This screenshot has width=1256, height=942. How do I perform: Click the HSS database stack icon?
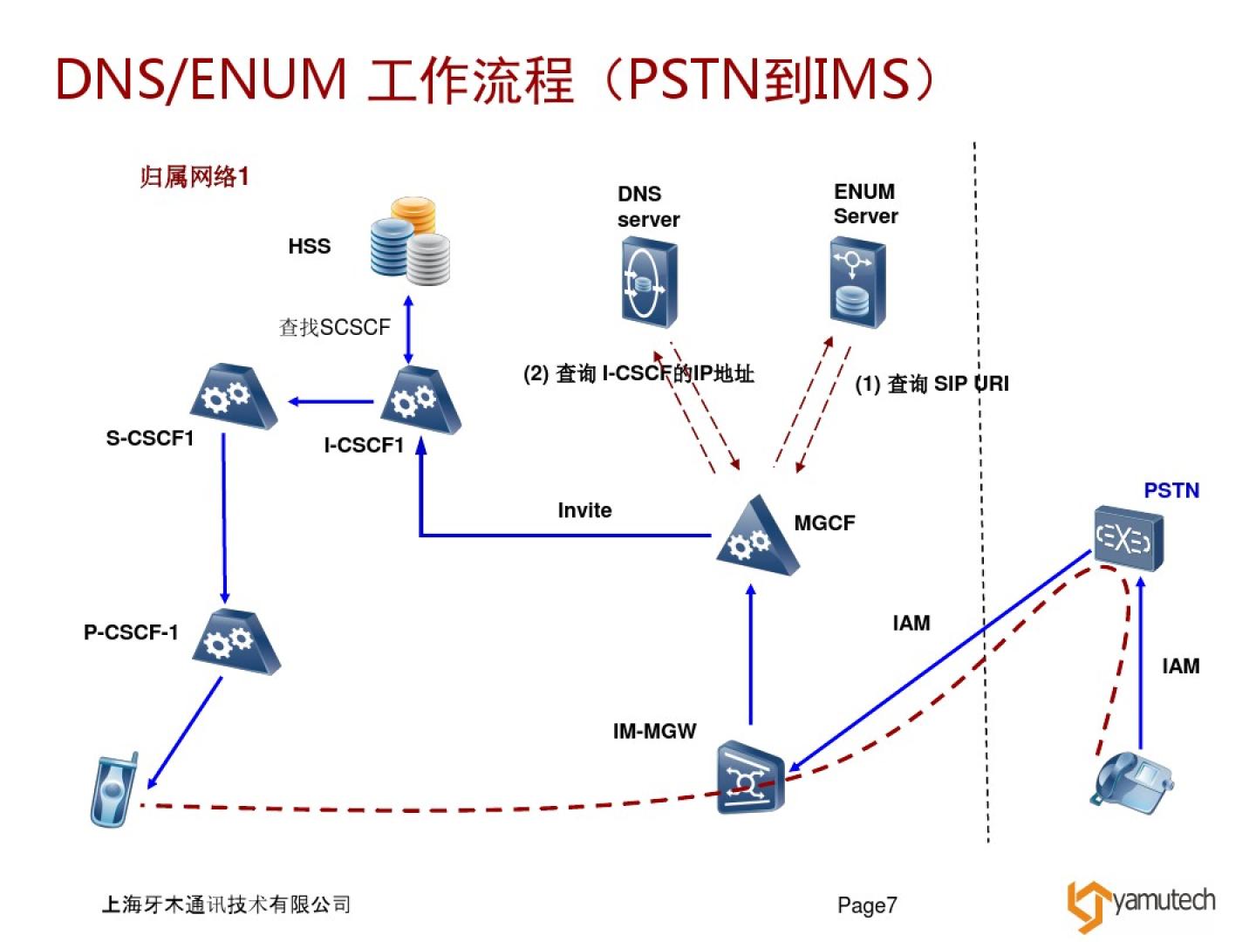pos(411,242)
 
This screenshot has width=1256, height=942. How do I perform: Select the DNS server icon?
pos(649,283)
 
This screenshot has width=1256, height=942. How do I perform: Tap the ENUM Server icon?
pos(857,283)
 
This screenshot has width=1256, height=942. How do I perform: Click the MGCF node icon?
pos(755,537)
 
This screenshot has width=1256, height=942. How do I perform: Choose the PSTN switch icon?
pos(1128,538)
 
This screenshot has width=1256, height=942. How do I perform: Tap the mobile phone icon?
pos(114,790)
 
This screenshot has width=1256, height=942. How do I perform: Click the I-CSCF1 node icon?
pos(421,400)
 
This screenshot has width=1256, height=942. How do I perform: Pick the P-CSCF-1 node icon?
pos(235,643)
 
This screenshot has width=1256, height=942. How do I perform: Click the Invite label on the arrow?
pos(584,510)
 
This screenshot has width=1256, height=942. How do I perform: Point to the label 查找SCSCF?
pos(334,327)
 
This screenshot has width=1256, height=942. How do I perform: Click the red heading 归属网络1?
pos(195,177)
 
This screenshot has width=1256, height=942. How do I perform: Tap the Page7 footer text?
pos(867,905)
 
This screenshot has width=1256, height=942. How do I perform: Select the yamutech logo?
pos(1140,904)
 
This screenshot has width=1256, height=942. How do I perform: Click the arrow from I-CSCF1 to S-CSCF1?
pos(331,402)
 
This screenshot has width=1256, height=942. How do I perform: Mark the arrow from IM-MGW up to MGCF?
pos(750,654)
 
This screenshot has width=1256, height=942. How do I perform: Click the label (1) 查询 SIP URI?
pos(931,384)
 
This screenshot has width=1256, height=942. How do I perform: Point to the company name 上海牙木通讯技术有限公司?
pos(226,904)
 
